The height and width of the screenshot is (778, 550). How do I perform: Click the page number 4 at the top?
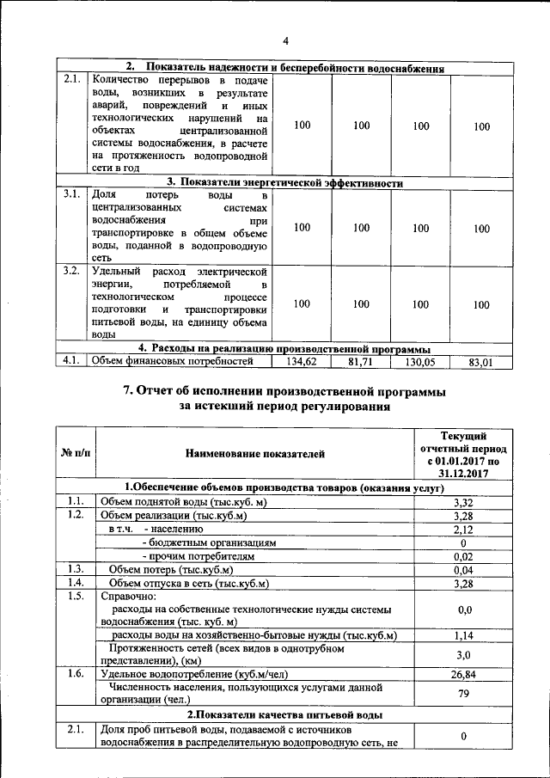(x=286, y=40)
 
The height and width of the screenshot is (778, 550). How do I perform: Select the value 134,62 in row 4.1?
(x=302, y=362)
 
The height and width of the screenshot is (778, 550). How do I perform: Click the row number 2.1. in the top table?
(x=72, y=79)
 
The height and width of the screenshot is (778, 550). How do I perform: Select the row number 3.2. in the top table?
(x=72, y=271)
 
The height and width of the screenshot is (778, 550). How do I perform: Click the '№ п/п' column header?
(x=75, y=452)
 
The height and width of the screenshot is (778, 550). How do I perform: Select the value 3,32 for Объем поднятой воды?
(x=463, y=502)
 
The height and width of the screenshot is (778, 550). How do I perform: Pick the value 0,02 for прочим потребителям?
(x=463, y=556)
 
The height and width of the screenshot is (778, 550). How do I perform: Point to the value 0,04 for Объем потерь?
(x=463, y=570)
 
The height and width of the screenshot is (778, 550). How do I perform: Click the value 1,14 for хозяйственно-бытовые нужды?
(x=463, y=635)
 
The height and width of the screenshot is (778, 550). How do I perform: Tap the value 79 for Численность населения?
(x=463, y=694)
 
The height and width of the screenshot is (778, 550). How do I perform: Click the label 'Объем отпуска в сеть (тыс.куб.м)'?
(x=189, y=584)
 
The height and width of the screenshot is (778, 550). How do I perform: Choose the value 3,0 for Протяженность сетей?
(x=463, y=655)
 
